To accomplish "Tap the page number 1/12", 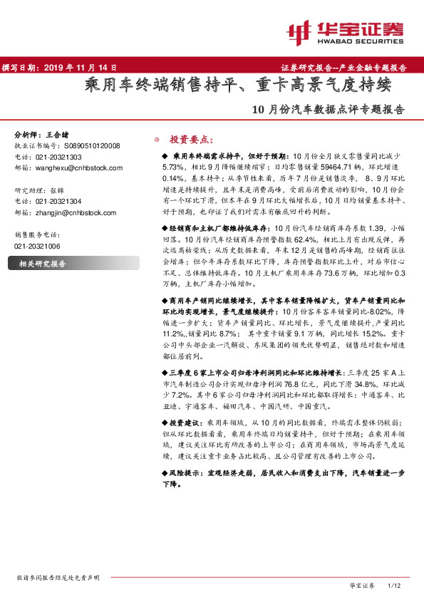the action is click(394, 585).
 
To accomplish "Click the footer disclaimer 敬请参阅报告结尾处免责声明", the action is click(58, 577).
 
